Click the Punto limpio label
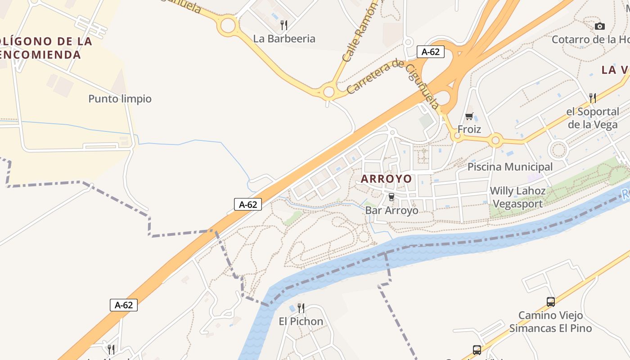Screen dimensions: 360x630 click(x=120, y=99)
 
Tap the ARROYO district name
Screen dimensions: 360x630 click(x=386, y=179)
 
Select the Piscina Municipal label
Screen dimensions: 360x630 click(x=510, y=167)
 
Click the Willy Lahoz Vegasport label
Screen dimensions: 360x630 click(x=517, y=197)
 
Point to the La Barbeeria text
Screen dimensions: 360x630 click(x=284, y=39)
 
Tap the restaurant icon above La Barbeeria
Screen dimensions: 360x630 click(x=284, y=25)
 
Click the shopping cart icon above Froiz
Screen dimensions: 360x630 click(x=469, y=117)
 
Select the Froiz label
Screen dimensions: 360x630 click(x=469, y=130)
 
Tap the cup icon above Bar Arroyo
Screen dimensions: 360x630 click(x=391, y=197)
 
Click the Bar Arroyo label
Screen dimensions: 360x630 click(x=391, y=211)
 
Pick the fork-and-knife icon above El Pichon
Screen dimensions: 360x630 click(x=301, y=308)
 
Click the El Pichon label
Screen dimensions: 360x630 click(x=301, y=321)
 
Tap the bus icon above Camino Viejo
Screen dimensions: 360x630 click(x=551, y=302)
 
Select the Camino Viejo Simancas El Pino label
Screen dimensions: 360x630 click(x=550, y=322)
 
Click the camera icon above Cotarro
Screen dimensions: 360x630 click(x=599, y=27)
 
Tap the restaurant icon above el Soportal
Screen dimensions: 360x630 click(x=593, y=98)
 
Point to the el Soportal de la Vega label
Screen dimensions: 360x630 click(x=593, y=118)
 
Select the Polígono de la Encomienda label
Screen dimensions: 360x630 click(x=45, y=48)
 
